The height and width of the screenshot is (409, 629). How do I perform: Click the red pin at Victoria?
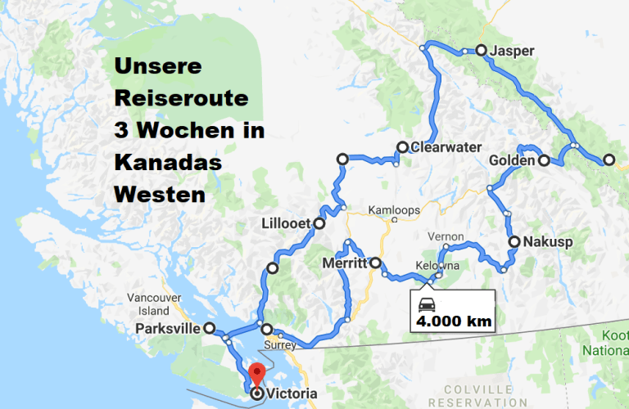tap(256, 375)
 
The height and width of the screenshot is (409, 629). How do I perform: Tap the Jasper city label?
tap(512, 51)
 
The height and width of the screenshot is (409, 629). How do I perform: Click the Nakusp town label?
tap(548, 241)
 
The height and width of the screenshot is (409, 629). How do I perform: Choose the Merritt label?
tap(345, 263)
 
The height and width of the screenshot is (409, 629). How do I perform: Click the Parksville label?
tap(170, 329)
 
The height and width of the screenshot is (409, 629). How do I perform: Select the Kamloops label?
tap(393, 210)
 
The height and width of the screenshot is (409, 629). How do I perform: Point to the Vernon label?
tap(446, 236)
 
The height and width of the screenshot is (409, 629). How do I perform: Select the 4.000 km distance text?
tap(455, 321)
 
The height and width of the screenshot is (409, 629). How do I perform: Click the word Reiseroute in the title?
tap(181, 97)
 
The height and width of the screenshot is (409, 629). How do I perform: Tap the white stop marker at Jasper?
tap(481, 51)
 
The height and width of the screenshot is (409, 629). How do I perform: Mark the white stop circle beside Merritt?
tap(375, 263)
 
